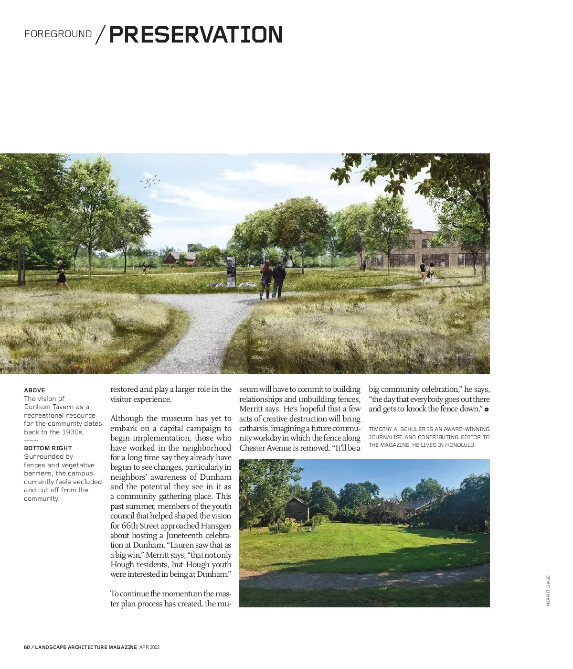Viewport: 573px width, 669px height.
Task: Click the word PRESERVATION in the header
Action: [196, 35]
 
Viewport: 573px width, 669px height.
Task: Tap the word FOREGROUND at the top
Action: [58, 34]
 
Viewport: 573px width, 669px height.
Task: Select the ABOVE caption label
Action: [34, 390]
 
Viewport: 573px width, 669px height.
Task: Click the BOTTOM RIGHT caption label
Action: [48, 448]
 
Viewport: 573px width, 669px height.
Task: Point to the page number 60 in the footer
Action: [27, 647]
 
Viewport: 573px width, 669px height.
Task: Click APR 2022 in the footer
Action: [149, 647]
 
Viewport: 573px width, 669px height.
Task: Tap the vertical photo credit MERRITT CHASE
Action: [548, 590]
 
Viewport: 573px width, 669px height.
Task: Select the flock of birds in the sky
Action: [149, 182]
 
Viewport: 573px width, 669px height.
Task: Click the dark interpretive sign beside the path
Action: [231, 271]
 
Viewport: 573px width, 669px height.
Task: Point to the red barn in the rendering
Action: [180, 258]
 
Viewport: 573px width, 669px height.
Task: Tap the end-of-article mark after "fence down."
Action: [487, 410]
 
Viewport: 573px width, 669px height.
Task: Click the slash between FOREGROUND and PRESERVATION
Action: [100, 35]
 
